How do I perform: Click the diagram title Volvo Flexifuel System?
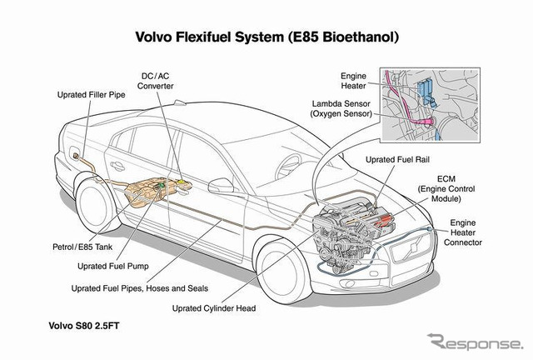pos(266,37)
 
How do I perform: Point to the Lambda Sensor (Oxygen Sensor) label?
pos(341,109)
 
